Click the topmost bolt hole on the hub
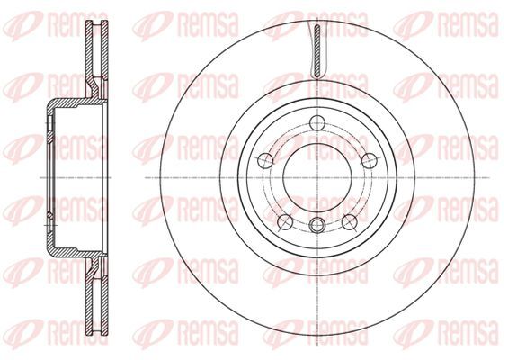[317, 122]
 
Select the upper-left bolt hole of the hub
[265, 160]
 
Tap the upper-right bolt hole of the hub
[370, 160]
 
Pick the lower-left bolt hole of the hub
[285, 221]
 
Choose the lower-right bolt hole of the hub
[350, 221]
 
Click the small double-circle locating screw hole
[317, 225]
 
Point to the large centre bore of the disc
[317, 177]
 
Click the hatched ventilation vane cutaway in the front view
[317, 51]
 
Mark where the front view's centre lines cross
[317, 177]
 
